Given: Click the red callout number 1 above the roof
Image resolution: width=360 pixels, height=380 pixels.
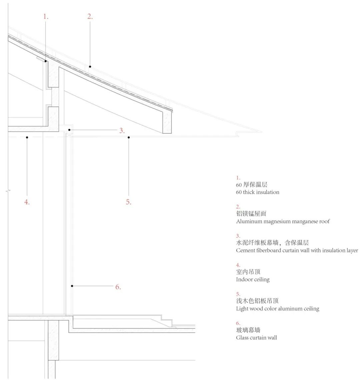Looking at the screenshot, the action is [x=46, y=16].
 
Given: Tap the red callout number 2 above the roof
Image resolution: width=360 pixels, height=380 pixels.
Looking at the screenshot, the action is [x=90, y=16].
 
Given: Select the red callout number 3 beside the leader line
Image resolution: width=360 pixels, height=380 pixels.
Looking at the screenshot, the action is [x=122, y=130].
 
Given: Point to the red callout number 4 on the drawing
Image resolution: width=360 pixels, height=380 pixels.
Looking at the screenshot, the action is [x=27, y=201].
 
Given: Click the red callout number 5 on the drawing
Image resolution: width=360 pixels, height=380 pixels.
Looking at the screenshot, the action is [x=129, y=201].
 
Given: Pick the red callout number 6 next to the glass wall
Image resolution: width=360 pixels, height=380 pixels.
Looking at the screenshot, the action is [x=118, y=286].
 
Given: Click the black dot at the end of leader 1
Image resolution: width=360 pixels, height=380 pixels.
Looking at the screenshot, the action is [x=46, y=61].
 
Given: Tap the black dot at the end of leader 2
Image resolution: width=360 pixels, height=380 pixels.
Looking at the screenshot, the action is [x=90, y=67].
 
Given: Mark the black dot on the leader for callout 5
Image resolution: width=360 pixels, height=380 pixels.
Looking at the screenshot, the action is [x=129, y=137].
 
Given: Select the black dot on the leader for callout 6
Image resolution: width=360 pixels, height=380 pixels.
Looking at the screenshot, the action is [x=72, y=286].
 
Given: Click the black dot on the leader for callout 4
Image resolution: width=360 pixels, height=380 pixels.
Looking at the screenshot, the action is [x=27, y=137].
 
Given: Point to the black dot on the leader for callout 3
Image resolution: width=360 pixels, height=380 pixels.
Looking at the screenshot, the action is [x=69, y=130].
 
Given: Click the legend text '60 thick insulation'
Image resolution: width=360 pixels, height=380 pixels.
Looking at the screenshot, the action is [x=258, y=192].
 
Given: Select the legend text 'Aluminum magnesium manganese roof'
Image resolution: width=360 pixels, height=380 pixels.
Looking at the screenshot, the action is [x=283, y=221].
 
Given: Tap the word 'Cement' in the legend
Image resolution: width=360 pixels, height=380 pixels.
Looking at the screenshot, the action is [x=246, y=250].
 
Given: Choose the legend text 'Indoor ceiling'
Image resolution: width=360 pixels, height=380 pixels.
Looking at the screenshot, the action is [x=253, y=279].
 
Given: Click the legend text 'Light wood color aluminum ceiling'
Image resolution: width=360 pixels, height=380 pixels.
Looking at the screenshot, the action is [x=277, y=309].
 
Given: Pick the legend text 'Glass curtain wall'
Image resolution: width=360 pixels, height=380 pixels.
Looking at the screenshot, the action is [x=256, y=338].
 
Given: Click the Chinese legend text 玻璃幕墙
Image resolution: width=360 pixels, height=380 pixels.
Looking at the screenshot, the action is [x=248, y=330].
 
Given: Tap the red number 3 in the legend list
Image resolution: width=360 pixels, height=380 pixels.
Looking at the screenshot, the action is [x=238, y=236].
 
